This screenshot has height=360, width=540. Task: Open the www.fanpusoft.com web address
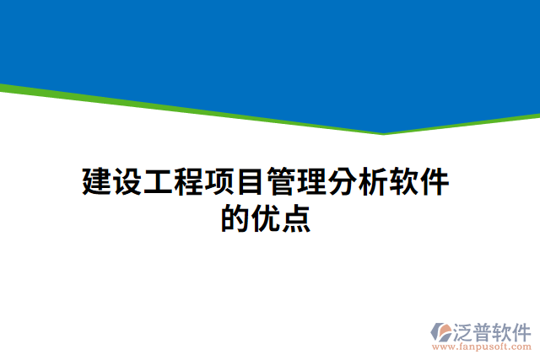click(482, 346)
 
